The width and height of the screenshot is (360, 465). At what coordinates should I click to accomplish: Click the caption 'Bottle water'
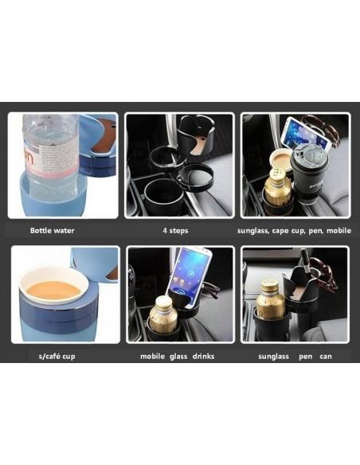coord(53,230)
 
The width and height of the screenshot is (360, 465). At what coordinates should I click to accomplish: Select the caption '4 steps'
coord(175,230)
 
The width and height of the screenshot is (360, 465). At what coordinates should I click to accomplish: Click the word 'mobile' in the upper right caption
coord(338,230)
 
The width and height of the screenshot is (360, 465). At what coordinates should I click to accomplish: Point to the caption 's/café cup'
coord(57,356)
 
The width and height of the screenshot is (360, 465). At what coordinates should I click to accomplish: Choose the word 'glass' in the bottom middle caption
coord(178,356)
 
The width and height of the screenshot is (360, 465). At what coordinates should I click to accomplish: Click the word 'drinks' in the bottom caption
coord(203,356)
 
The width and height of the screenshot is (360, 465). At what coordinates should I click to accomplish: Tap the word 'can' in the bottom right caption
coord(326,357)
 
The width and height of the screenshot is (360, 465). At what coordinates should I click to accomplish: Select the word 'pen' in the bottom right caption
coord(305,357)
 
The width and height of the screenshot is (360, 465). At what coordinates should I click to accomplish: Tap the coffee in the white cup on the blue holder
coord(53,291)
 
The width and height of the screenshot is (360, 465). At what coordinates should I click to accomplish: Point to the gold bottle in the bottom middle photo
coord(163,315)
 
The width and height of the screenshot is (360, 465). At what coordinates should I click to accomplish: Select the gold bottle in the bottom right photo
coord(270,299)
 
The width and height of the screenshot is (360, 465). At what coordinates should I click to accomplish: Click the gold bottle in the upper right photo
coord(277,187)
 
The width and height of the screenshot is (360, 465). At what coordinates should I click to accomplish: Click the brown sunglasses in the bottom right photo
coord(324,275)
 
